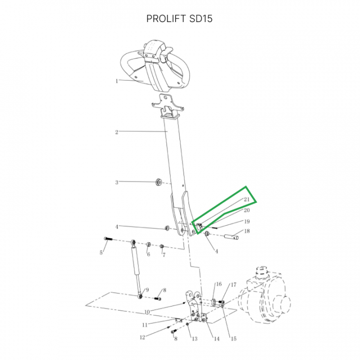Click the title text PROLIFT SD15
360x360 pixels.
(x=179, y=18)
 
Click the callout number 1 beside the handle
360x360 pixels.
(x=116, y=81)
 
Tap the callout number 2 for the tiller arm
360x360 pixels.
(x=116, y=132)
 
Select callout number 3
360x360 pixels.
(x=116, y=182)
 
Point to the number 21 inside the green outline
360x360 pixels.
(x=246, y=199)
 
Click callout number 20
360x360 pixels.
(x=246, y=210)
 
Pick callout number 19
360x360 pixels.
(x=247, y=221)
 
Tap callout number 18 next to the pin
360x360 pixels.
(x=247, y=231)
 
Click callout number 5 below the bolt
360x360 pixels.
(x=101, y=253)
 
